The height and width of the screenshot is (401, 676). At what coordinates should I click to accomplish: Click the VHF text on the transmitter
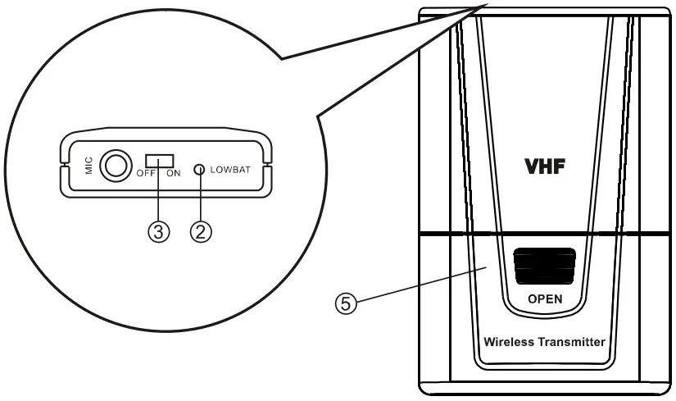click(x=546, y=166)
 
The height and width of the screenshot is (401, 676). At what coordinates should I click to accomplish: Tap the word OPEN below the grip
click(x=545, y=299)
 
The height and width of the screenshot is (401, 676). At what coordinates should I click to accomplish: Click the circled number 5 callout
click(x=348, y=304)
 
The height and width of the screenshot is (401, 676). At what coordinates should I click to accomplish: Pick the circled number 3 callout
click(x=158, y=232)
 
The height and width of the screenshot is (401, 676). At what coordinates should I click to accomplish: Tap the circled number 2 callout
click(x=201, y=232)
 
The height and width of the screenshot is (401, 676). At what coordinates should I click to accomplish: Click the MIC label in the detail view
click(x=87, y=167)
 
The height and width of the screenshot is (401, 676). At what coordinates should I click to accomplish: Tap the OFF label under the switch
click(x=146, y=175)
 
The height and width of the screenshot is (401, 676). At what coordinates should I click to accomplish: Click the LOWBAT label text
click(x=233, y=169)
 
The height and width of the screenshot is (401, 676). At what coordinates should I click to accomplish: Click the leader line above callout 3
click(x=159, y=197)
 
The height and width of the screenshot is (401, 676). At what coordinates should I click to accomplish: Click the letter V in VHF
click(x=533, y=166)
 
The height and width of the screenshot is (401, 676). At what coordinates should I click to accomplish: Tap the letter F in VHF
click(x=560, y=166)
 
